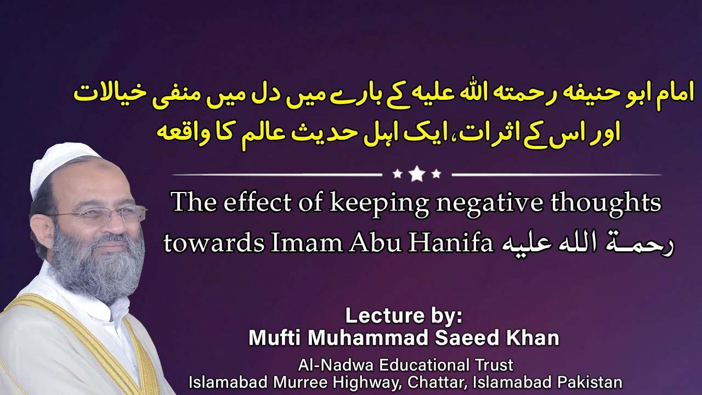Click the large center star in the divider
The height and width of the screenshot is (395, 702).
[x=417, y=174]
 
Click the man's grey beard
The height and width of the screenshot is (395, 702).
[x=99, y=269]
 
